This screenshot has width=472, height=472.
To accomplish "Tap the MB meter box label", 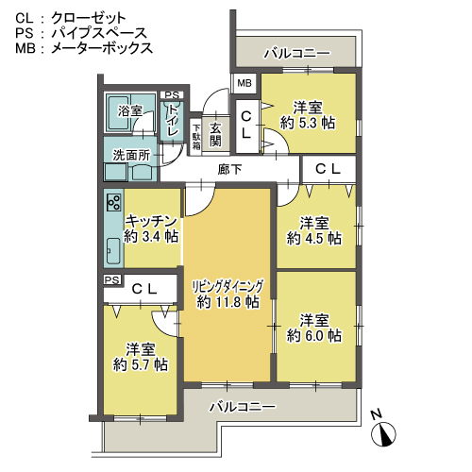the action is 244,83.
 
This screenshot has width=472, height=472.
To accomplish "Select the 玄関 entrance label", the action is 215,134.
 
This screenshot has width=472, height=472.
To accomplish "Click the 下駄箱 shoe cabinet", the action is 196,137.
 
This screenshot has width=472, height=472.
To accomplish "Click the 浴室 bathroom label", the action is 130,111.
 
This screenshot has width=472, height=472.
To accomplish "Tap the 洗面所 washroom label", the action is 131,155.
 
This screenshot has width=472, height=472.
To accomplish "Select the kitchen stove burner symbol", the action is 113,202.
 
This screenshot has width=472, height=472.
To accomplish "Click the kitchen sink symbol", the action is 113,251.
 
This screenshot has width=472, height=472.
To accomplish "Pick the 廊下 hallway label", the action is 229,170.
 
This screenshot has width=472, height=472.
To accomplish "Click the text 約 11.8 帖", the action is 228,302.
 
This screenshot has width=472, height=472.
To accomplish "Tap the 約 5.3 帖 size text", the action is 308,123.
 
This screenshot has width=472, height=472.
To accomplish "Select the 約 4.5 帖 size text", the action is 314,238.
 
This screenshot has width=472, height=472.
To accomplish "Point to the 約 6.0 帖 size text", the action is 314,336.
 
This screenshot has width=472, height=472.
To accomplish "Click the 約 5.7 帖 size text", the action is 141,364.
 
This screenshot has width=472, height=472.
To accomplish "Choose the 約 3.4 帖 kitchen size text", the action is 151,236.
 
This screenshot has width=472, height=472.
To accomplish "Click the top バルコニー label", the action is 297,54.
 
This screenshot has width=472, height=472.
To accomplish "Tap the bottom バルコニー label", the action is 243,407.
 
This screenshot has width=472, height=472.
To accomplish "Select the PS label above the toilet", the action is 172,95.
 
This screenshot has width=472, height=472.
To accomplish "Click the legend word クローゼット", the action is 89,18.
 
